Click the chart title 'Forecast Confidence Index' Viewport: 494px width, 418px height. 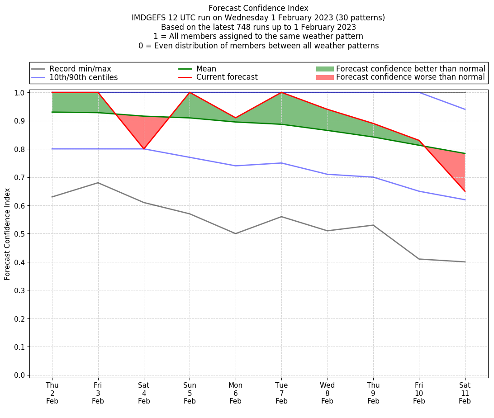pos(258,8)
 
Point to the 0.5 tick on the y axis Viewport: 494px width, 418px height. pos(20,234)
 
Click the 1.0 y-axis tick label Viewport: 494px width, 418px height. pos(20,93)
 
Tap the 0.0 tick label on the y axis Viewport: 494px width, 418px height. pos(20,375)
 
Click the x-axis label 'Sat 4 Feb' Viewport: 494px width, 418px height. pos(144,393)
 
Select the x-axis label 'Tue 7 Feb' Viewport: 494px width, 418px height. pos(281,393)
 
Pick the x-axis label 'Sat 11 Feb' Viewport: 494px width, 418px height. pos(465,393)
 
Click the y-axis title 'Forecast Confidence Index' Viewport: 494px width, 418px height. pos(8,234)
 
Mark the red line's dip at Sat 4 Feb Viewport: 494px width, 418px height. pos(144,149)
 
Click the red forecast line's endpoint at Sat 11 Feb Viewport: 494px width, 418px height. pos(465,191)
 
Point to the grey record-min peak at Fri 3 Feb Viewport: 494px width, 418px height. pos(98,183)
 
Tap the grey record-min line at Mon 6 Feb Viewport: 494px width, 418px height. pos(236,233)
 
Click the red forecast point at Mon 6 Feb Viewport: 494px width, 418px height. pos(236,118)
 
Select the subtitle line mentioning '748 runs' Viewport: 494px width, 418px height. pos(258,27)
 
